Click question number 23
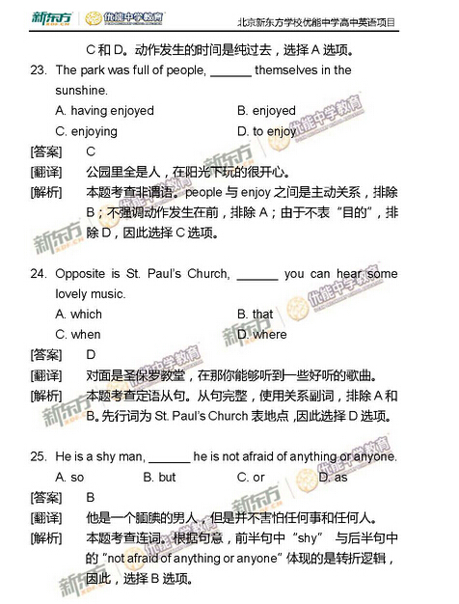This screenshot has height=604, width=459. [39, 70]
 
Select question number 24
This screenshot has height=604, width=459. [39, 274]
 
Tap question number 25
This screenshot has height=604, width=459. [39, 456]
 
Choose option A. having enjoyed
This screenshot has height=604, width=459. [104, 111]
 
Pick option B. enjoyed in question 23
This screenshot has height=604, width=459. [266, 111]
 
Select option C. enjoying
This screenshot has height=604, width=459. [87, 131]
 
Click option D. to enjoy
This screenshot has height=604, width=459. [266, 131]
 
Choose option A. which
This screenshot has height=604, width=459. [78, 315]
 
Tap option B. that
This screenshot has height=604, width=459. [255, 315]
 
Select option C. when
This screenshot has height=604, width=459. [78, 335]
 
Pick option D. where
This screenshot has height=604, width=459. [261, 335]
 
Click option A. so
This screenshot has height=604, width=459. [70, 478]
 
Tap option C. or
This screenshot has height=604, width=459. [251, 478]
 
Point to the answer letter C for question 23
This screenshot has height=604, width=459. [91, 151]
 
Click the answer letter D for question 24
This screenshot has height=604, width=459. [91, 355]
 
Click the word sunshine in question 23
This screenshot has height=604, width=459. [82, 90]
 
